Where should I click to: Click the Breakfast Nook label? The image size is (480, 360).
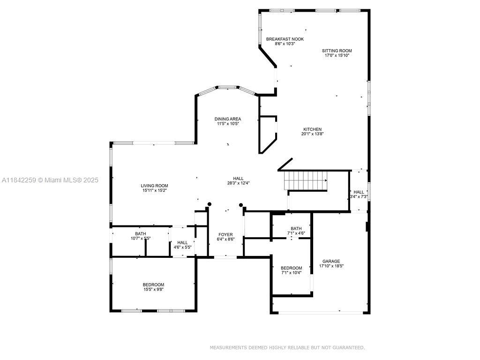(285, 39)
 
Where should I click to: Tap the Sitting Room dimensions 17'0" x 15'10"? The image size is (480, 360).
(337, 55)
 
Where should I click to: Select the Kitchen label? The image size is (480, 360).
(312, 129)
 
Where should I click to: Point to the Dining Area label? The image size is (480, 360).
(227, 119)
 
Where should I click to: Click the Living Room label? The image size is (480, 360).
(154, 186)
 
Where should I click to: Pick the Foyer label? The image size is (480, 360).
(225, 235)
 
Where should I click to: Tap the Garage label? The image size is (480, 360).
(331, 262)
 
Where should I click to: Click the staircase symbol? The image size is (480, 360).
(306, 180)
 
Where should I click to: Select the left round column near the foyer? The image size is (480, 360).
(210, 204)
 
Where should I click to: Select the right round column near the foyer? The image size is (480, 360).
(241, 205)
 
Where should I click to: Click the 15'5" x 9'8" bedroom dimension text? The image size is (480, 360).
(153, 289)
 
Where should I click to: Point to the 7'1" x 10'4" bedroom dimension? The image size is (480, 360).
(291, 272)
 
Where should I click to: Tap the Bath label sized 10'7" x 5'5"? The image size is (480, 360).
(141, 234)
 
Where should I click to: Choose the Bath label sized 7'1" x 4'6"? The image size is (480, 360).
(296, 229)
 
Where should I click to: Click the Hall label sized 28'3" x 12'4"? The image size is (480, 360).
(238, 179)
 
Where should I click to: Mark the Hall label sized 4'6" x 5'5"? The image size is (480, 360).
(182, 243)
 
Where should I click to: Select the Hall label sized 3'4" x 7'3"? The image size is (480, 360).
(359, 192)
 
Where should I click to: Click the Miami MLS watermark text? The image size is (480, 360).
(50, 180)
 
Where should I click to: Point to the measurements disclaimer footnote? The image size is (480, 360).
(287, 347)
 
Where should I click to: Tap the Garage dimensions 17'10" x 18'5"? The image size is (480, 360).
(331, 266)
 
